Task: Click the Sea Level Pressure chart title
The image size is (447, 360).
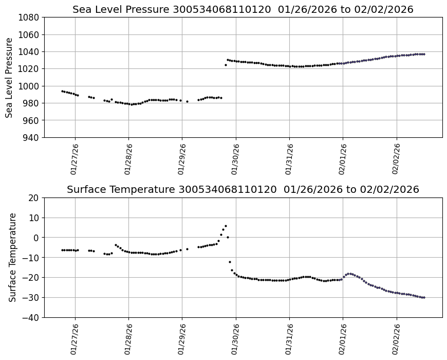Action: pyautogui.click(x=243, y=9)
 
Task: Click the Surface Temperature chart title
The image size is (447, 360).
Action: pyautogui.click(x=243, y=189)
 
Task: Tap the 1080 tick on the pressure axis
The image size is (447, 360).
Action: pyautogui.click(x=29, y=17)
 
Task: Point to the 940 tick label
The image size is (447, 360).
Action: pyautogui.click(x=31, y=137)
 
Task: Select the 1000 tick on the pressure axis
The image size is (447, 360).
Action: pyautogui.click(x=29, y=86)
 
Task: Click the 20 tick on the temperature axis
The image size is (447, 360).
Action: pyautogui.click(x=34, y=198)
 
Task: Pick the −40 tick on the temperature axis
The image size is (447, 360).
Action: pyautogui.click(x=31, y=317)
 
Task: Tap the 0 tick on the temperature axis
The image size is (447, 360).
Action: pyautogui.click(x=36, y=238)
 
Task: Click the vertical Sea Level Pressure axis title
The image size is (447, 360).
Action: pyautogui.click(x=9, y=77)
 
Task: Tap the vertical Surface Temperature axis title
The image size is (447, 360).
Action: pyautogui.click(x=12, y=257)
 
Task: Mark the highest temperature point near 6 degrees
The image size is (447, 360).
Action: pyautogui.click(x=226, y=226)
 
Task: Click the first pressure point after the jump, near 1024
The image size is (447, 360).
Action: pyautogui.click(x=226, y=65)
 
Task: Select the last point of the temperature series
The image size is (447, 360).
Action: pyautogui.click(x=424, y=297)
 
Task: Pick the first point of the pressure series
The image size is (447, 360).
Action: pyautogui.click(x=62, y=91)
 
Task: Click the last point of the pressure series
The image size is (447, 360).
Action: pyautogui.click(x=424, y=54)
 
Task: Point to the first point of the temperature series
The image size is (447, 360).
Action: pyautogui.click(x=62, y=250)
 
